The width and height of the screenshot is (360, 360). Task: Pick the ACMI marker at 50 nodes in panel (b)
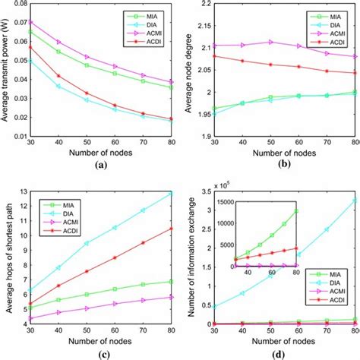pyautogui.click(x=269, y=42)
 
